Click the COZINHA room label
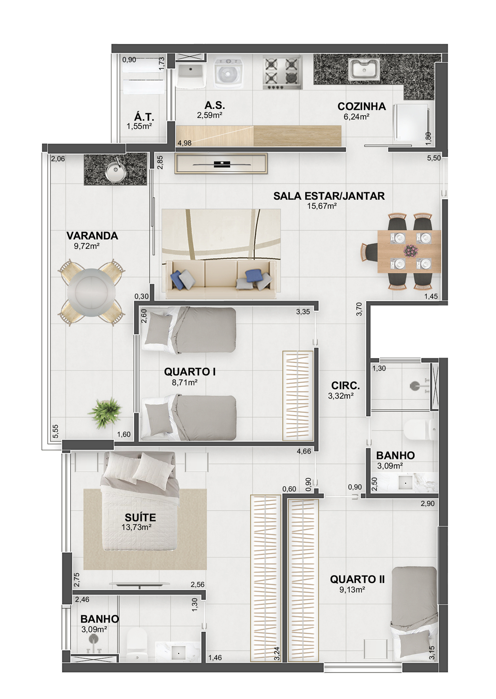[361, 106]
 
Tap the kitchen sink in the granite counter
[364, 70]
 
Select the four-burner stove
[283, 73]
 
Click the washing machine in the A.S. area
[228, 74]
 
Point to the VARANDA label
[92, 236]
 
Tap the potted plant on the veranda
[105, 412]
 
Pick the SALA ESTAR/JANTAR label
[329, 196]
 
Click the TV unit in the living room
[221, 164]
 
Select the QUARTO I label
[190, 372]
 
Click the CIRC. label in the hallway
[345, 386]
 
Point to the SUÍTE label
[140, 517]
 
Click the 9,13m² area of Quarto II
[353, 590]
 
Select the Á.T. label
[144, 117]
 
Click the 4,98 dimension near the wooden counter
[184, 143]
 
